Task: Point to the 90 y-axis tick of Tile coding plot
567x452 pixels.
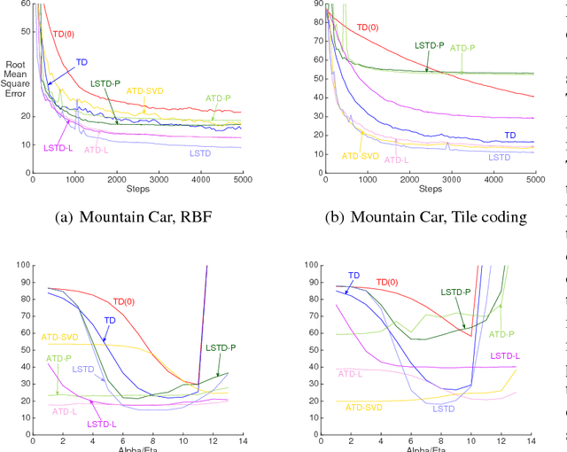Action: (316, 4)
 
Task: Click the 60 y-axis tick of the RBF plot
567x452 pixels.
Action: (25, 4)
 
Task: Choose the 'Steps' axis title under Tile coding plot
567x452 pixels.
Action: (430, 189)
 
